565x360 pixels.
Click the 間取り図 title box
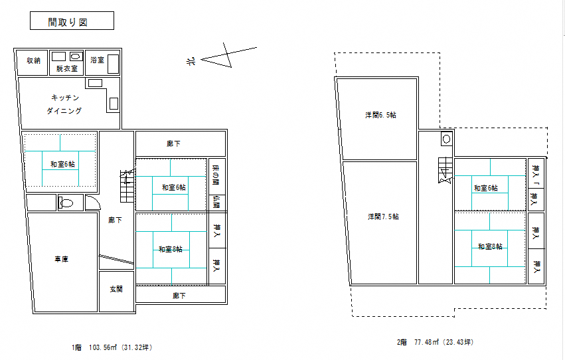(72, 21)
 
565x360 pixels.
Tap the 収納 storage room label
(33, 60)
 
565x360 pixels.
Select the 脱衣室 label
(66, 68)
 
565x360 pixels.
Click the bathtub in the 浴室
(113, 64)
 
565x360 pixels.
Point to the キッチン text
(65, 98)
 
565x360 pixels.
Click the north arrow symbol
(228, 56)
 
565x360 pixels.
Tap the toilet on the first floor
(66, 203)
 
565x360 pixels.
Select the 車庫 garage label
(61, 259)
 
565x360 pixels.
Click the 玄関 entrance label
(116, 289)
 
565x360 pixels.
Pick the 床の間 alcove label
(216, 175)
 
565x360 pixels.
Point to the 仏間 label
(216, 202)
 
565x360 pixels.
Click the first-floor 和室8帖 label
(171, 249)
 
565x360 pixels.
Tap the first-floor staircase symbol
(126, 186)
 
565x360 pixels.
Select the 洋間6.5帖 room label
(380, 115)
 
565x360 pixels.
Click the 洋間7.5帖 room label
(383, 217)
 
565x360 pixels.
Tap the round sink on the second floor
(446, 139)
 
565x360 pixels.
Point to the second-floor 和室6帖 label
(486, 188)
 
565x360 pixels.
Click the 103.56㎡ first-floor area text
(103, 348)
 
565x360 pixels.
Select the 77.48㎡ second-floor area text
(427, 342)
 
